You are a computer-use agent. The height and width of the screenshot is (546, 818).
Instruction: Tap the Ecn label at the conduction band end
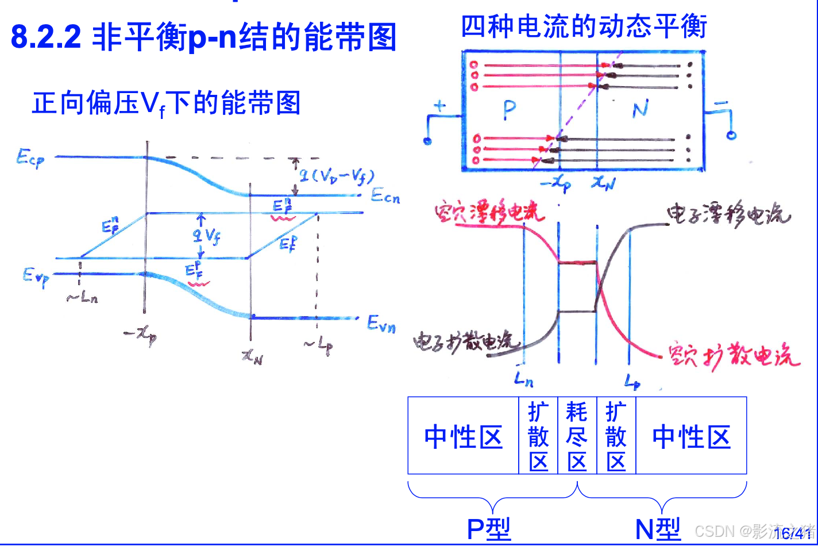click(x=384, y=196)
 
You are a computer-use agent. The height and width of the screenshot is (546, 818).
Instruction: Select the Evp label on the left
click(x=36, y=278)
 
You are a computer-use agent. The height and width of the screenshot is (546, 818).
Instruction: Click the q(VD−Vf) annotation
click(x=333, y=175)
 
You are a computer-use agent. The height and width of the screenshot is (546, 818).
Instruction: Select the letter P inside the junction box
click(x=509, y=110)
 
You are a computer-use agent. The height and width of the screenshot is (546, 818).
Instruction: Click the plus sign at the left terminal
click(x=439, y=106)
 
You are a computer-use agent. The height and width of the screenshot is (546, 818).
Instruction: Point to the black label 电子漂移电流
click(x=728, y=215)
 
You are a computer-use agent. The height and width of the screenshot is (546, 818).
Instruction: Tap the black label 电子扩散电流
click(x=466, y=342)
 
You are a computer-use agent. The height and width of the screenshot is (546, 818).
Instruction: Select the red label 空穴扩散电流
click(x=734, y=355)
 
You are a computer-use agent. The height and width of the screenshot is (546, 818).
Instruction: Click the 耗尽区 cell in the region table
click(x=577, y=436)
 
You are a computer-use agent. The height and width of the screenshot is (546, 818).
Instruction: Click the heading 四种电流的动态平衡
click(x=584, y=26)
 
